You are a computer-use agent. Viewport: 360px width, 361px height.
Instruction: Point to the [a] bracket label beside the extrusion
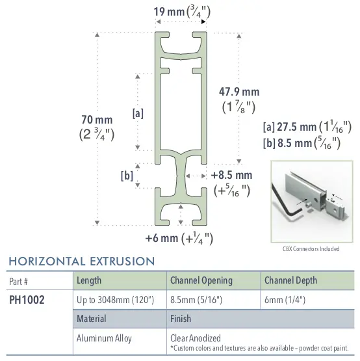pyautogui.click(x=138, y=113)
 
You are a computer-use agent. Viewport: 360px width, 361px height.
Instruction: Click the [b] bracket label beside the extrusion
pyautogui.click(x=127, y=175)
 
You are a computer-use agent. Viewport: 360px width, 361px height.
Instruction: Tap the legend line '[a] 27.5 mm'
pyautogui.click(x=307, y=127)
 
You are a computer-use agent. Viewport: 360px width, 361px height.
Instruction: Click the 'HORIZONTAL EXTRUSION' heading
pyautogui.click(x=81, y=261)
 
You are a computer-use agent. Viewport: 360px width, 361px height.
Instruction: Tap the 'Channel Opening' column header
pyautogui.click(x=201, y=280)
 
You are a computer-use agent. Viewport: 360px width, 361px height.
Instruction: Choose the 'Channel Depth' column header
pyautogui.click(x=290, y=280)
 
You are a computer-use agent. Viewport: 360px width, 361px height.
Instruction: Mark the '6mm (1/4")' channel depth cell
pyautogui.click(x=284, y=300)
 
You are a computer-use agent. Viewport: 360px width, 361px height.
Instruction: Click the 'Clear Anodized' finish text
pyautogui.click(x=195, y=338)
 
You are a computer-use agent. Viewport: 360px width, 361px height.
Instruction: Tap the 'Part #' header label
pyautogui.click(x=18, y=281)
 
